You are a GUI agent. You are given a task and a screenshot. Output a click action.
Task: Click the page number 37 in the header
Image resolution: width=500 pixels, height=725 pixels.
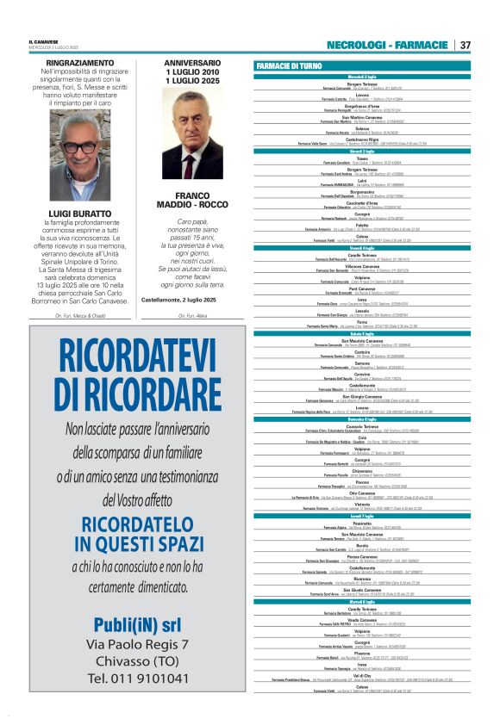point(465,45)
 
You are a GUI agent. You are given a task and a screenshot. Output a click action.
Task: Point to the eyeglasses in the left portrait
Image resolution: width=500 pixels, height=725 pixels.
point(79,147)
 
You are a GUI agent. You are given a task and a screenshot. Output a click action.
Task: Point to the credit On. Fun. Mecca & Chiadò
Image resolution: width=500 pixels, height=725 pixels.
point(79,316)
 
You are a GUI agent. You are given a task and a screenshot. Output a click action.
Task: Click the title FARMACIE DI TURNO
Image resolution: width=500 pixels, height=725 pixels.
point(289,65)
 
